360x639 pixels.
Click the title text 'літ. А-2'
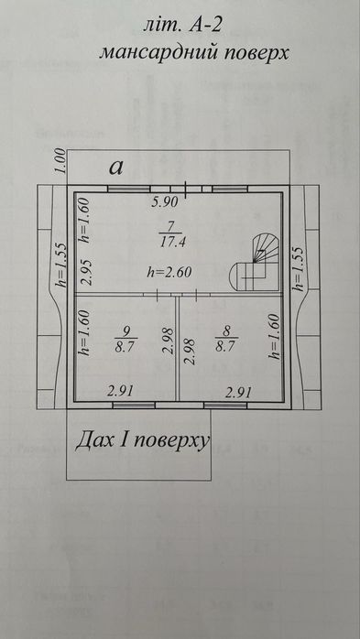(x=182, y=26)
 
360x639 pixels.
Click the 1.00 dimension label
(x=60, y=161)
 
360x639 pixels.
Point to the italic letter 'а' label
(x=116, y=168)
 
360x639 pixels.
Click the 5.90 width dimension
(x=165, y=201)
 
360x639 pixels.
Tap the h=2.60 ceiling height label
(x=169, y=272)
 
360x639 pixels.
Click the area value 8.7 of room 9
(x=125, y=347)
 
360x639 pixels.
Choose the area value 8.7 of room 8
(x=226, y=347)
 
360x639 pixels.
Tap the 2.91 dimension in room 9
(x=120, y=392)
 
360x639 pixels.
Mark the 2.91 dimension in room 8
(x=239, y=393)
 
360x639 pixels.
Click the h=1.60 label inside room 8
(x=275, y=336)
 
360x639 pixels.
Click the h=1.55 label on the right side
(x=299, y=268)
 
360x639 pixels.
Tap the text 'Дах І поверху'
(x=142, y=440)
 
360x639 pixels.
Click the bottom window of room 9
(x=134, y=405)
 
